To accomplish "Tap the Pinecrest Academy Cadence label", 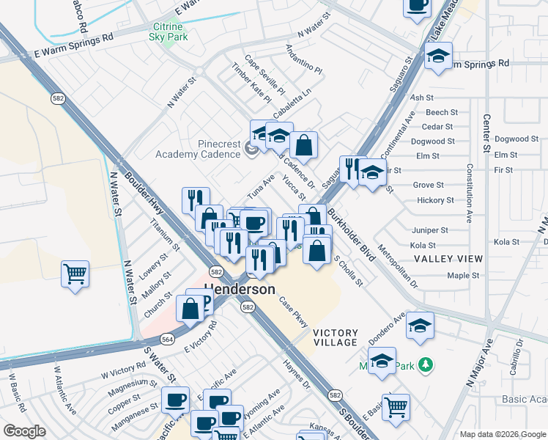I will [x=198, y=149].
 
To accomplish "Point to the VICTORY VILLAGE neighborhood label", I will [x=336, y=337].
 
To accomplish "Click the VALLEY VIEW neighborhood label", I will [x=448, y=259].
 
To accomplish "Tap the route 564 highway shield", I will [x=168, y=339].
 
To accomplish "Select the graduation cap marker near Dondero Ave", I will [x=420, y=326].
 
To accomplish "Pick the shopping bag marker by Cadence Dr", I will [x=303, y=144].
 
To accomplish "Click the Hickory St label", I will [x=435, y=200].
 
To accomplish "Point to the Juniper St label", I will [x=429, y=230].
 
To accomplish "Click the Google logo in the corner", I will [x=25, y=431].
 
